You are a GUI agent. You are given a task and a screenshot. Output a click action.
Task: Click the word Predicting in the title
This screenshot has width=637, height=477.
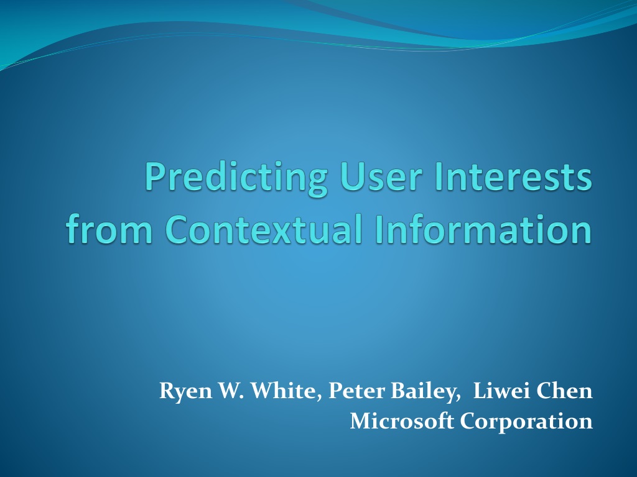click(236, 179)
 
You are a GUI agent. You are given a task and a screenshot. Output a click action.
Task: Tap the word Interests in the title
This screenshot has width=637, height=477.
click(513, 176)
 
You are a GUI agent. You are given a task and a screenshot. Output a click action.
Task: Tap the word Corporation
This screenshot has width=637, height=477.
click(526, 422)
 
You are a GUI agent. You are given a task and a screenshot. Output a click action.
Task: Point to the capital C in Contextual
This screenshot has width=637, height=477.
click(177, 229)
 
